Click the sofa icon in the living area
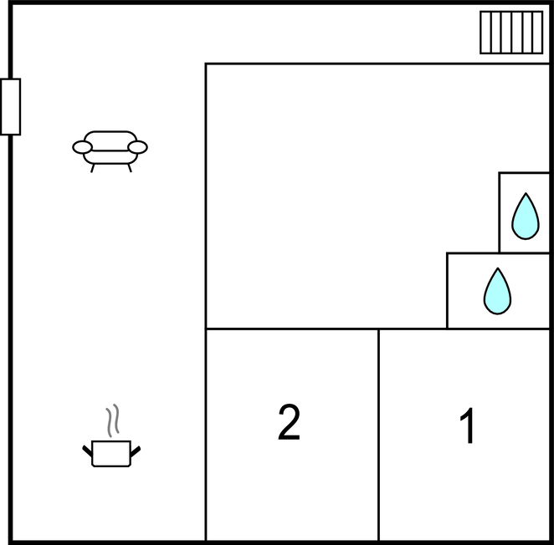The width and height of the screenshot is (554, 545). pyautogui.click(x=110, y=149)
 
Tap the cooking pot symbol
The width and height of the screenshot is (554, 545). pyautogui.click(x=111, y=452)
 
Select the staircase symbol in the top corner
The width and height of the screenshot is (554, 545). pyautogui.click(x=511, y=33)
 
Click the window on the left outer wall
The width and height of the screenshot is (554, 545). pyautogui.click(x=10, y=106)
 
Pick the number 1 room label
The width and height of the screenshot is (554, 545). pyautogui.click(x=468, y=427)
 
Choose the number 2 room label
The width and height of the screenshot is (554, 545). pyautogui.click(x=289, y=423)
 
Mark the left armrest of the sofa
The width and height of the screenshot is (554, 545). pyautogui.click(x=82, y=148)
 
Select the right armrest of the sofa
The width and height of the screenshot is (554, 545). pyautogui.click(x=137, y=148)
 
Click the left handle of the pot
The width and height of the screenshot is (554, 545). pyautogui.click(x=87, y=451)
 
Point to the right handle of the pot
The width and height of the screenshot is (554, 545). pyautogui.click(x=136, y=451)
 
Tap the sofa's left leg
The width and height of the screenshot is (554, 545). pyautogui.click(x=93, y=167)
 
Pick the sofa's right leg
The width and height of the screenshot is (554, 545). pyautogui.click(x=129, y=167)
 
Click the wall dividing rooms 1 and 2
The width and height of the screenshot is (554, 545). pyautogui.click(x=378, y=435)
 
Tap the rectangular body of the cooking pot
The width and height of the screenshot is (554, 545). pyautogui.click(x=111, y=454)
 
